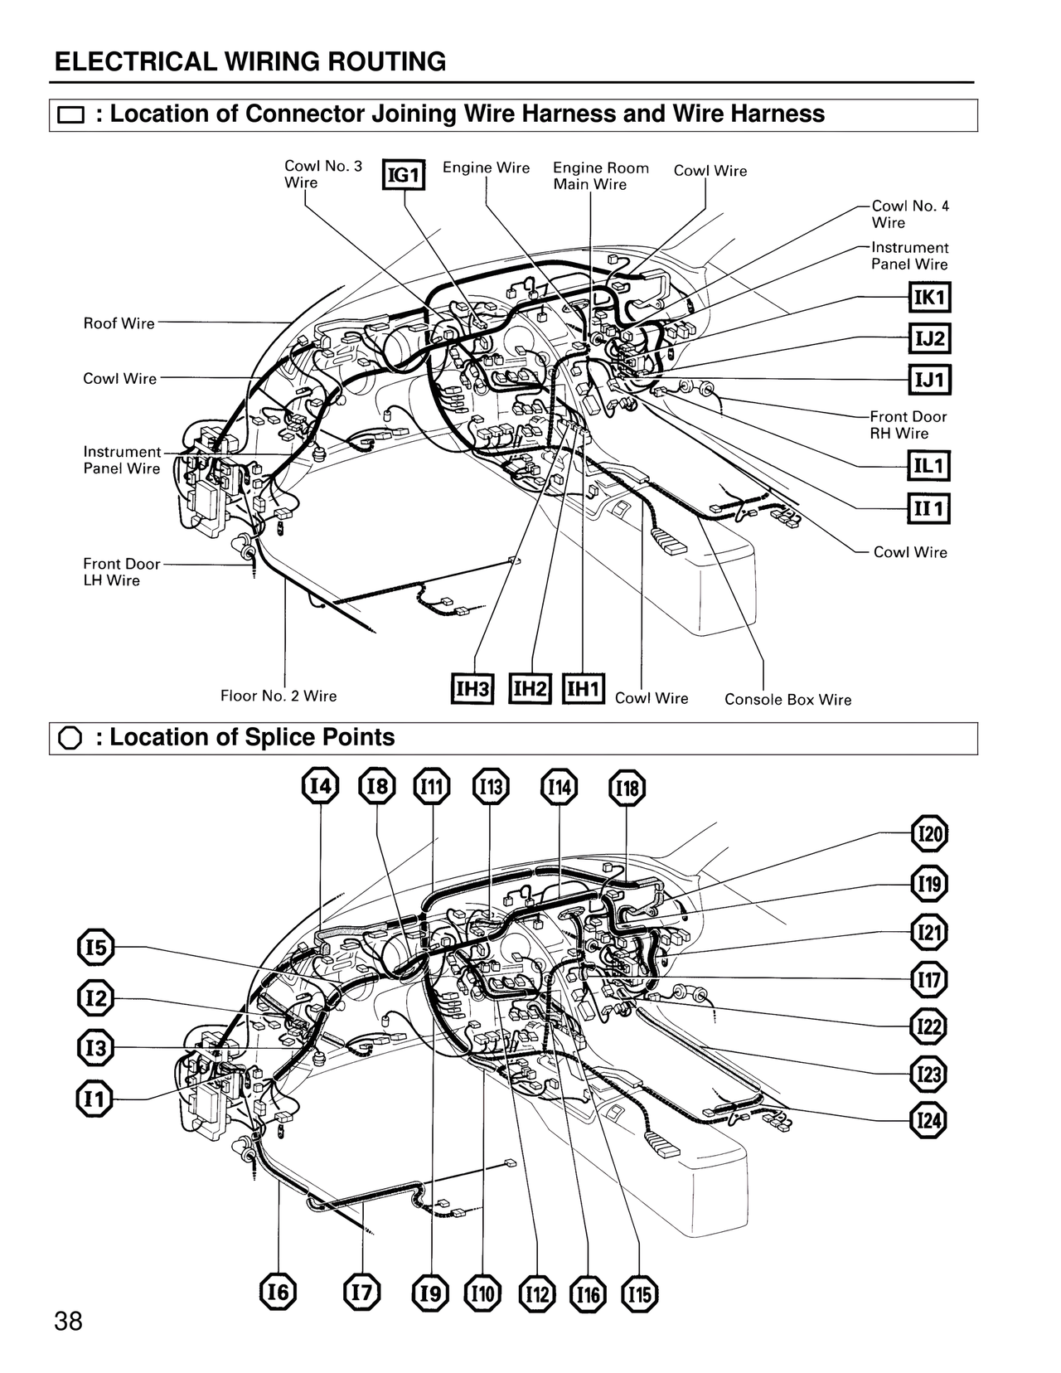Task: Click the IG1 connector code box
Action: click(404, 175)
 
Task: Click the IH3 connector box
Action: click(472, 689)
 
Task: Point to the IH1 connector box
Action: click(584, 689)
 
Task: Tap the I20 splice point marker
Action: click(929, 834)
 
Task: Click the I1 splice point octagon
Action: click(95, 1099)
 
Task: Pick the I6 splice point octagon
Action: click(279, 1292)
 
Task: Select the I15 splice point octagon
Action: click(640, 1294)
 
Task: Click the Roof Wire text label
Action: click(119, 323)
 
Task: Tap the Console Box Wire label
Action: click(787, 700)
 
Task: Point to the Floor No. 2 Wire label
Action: click(279, 696)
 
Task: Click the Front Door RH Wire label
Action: click(908, 425)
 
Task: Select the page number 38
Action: click(68, 1321)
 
